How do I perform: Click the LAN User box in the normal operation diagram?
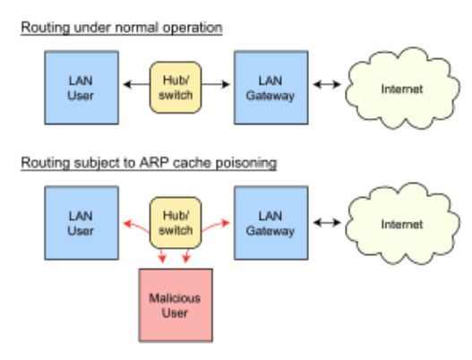pos(82,88)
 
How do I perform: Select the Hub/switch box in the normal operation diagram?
pos(176,88)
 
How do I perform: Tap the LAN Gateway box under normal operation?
pos(271,88)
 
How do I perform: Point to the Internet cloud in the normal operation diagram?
pos(402,89)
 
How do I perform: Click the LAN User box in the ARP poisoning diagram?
pos(82,223)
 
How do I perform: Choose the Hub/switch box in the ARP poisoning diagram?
pos(176,223)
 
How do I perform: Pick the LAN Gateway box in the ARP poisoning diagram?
pos(271,223)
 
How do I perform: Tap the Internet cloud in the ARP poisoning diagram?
pos(402,224)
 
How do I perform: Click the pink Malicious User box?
pos(176,305)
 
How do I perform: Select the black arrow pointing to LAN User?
pos(136,84)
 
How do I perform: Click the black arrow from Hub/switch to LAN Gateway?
pos(216,84)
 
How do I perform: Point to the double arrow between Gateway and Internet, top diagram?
pos(327,84)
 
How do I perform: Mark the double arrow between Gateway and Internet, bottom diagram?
pos(327,223)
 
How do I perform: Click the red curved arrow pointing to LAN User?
pos(136,227)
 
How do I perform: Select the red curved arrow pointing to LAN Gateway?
pos(216,226)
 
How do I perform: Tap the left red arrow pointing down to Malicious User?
pos(162,255)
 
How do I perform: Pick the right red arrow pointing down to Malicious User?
pos(186,255)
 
